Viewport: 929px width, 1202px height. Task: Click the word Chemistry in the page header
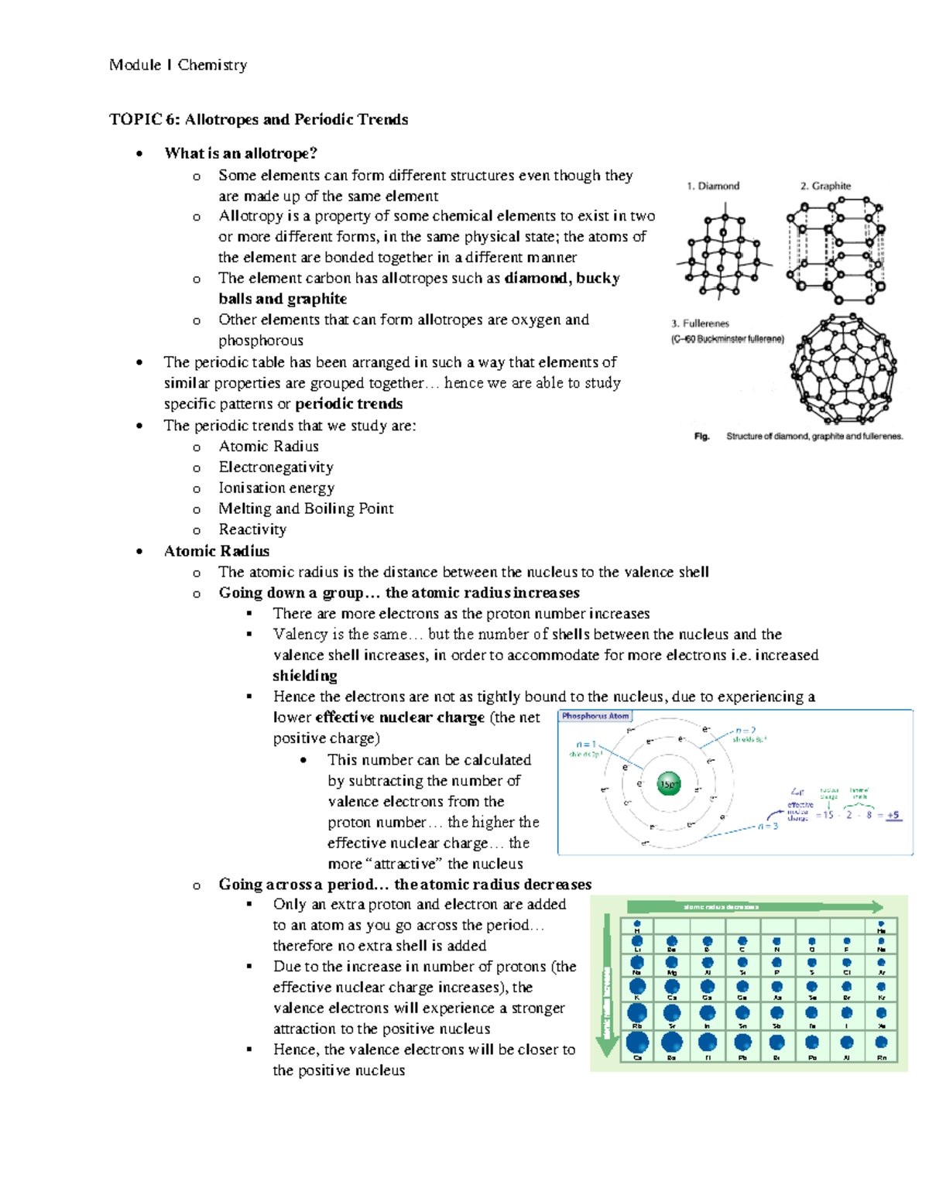pos(212,65)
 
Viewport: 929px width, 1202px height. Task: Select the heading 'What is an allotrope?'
pos(241,153)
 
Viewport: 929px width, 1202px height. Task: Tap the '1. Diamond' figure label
pos(712,186)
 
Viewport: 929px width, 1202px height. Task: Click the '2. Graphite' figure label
pos(825,186)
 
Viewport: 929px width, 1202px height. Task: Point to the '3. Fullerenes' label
pos(700,324)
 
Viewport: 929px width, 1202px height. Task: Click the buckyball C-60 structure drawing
pos(843,369)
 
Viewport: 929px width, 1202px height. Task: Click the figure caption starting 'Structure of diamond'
pos(814,437)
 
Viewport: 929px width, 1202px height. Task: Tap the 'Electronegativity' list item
pos(276,467)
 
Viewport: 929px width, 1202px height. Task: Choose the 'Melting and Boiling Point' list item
pos(306,509)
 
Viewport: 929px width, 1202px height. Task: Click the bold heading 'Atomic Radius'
pos(217,551)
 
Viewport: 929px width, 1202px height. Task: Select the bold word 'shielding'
pos(305,676)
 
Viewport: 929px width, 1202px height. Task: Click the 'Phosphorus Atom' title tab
pos(595,716)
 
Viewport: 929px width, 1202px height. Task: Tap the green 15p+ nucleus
pos(669,784)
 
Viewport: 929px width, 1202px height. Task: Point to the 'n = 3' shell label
pos(767,827)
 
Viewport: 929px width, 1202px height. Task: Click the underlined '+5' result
pos(893,815)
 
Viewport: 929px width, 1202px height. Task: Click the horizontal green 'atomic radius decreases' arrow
pos(755,906)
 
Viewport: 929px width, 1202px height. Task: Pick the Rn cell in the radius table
pos(881,1046)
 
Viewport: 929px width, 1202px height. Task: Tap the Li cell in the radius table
pos(637,944)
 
